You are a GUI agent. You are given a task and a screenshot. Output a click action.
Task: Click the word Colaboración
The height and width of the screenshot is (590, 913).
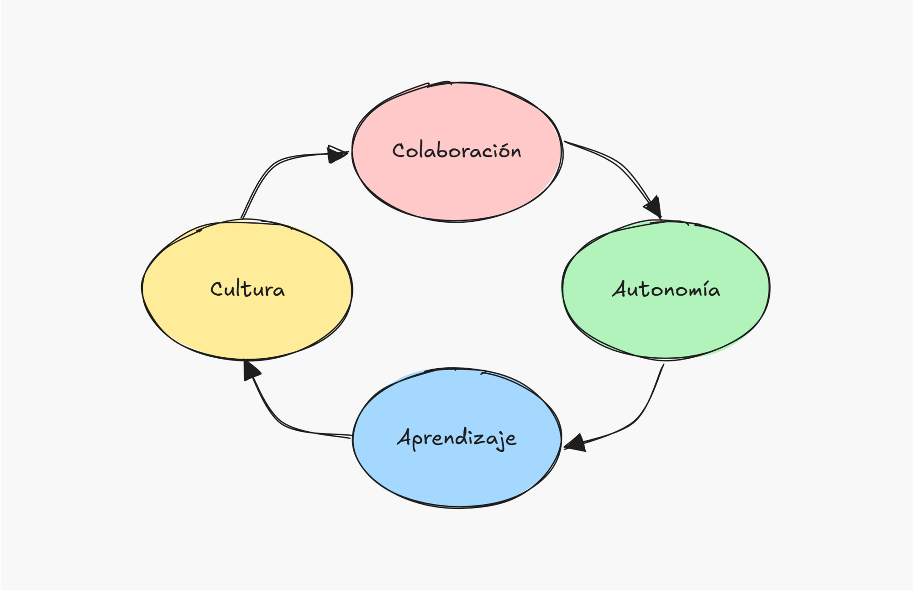pos(456,151)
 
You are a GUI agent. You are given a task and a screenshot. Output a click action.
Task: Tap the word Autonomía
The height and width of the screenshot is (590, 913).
pos(666,289)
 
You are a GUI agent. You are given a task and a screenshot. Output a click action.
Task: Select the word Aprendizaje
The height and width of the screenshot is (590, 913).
pos(456,438)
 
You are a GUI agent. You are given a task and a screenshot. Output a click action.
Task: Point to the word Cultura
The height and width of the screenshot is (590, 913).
pos(247,289)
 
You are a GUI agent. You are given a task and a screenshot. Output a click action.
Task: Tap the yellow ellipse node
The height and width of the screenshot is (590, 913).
pos(247,324)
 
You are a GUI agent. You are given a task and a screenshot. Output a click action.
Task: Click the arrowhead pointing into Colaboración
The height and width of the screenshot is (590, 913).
pos(337,154)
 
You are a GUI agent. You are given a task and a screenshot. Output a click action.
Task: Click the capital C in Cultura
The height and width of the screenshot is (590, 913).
pos(216,289)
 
